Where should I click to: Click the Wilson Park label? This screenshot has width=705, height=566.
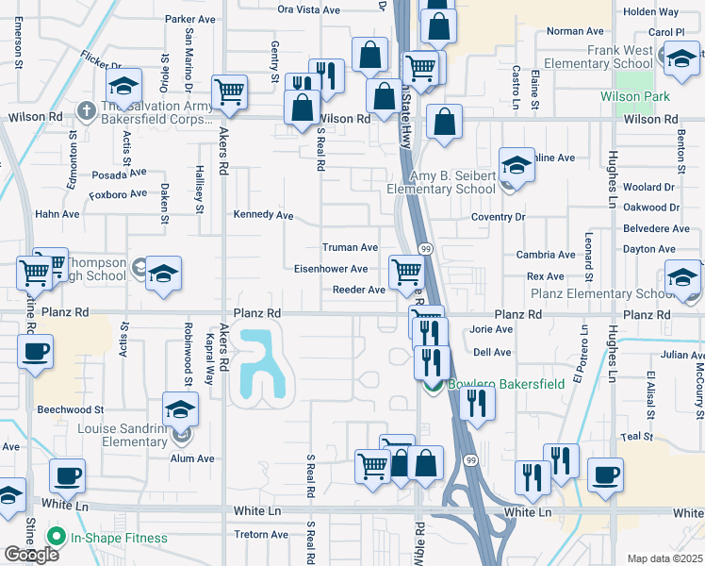point(635,97)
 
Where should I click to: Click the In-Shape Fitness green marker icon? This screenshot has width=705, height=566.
point(56,539)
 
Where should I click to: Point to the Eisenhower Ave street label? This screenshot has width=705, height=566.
point(331,269)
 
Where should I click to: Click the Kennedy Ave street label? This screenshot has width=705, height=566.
point(264,215)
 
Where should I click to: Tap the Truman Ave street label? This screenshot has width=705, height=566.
point(350,247)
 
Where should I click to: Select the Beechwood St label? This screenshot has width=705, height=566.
point(71,410)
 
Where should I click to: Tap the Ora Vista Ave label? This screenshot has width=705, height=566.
point(309,9)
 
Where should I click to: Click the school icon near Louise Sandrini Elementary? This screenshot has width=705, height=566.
point(178,410)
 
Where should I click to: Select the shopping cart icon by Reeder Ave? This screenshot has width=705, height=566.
point(406,272)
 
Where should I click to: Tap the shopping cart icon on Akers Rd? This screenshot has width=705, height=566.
point(229,92)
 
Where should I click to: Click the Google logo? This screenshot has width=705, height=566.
point(31,555)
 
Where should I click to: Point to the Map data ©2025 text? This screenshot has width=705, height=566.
point(664,558)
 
